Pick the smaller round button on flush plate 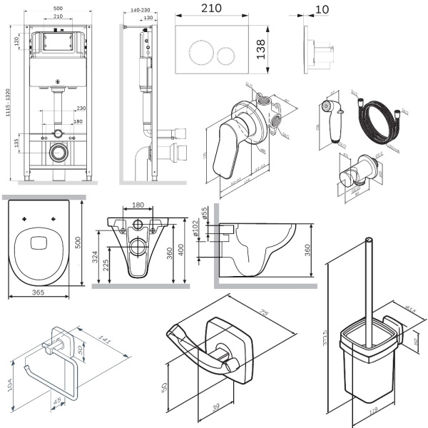coord(227,54)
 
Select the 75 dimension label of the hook coord(263,313)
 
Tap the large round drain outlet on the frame coord(58,152)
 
